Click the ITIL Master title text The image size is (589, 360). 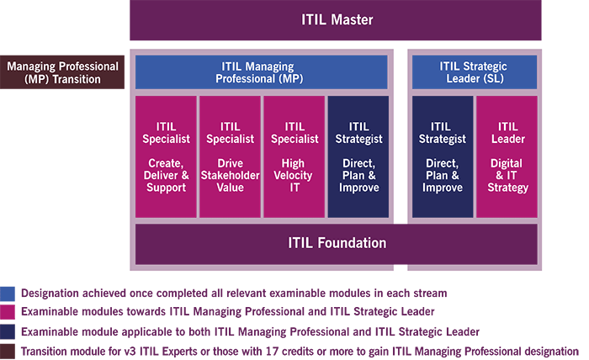tap(336, 19)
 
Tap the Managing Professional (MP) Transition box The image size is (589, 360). tap(62, 71)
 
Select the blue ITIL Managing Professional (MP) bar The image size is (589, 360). tap(261, 71)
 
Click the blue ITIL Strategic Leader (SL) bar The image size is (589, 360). tap(474, 71)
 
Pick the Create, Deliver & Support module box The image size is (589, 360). tap(166, 156)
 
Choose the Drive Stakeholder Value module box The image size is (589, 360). tap(230, 156)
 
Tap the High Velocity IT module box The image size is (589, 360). tap(294, 156)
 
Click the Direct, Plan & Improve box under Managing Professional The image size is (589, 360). tap(358, 156)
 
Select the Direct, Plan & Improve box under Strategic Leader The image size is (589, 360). tap(442, 156)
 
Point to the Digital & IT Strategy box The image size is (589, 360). tap(507, 156)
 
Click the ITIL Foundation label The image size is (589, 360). tap(337, 243)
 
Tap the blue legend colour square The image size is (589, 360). tap(7, 293)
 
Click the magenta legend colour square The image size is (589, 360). tap(7, 312)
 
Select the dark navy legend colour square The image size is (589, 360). tap(7, 331)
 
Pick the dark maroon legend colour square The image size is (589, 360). tap(7, 351)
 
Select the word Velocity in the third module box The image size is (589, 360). tap(294, 176)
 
